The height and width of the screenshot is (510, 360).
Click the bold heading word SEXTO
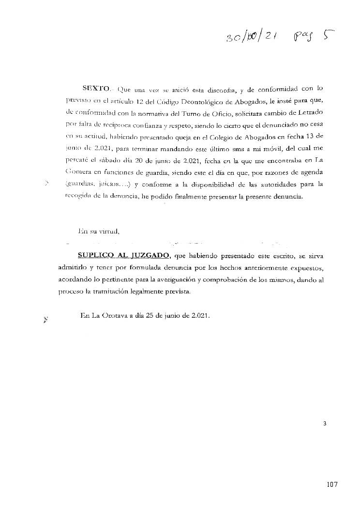[x=97, y=90]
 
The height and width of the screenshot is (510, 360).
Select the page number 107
[x=331, y=484]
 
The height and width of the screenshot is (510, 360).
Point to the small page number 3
[x=325, y=424]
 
